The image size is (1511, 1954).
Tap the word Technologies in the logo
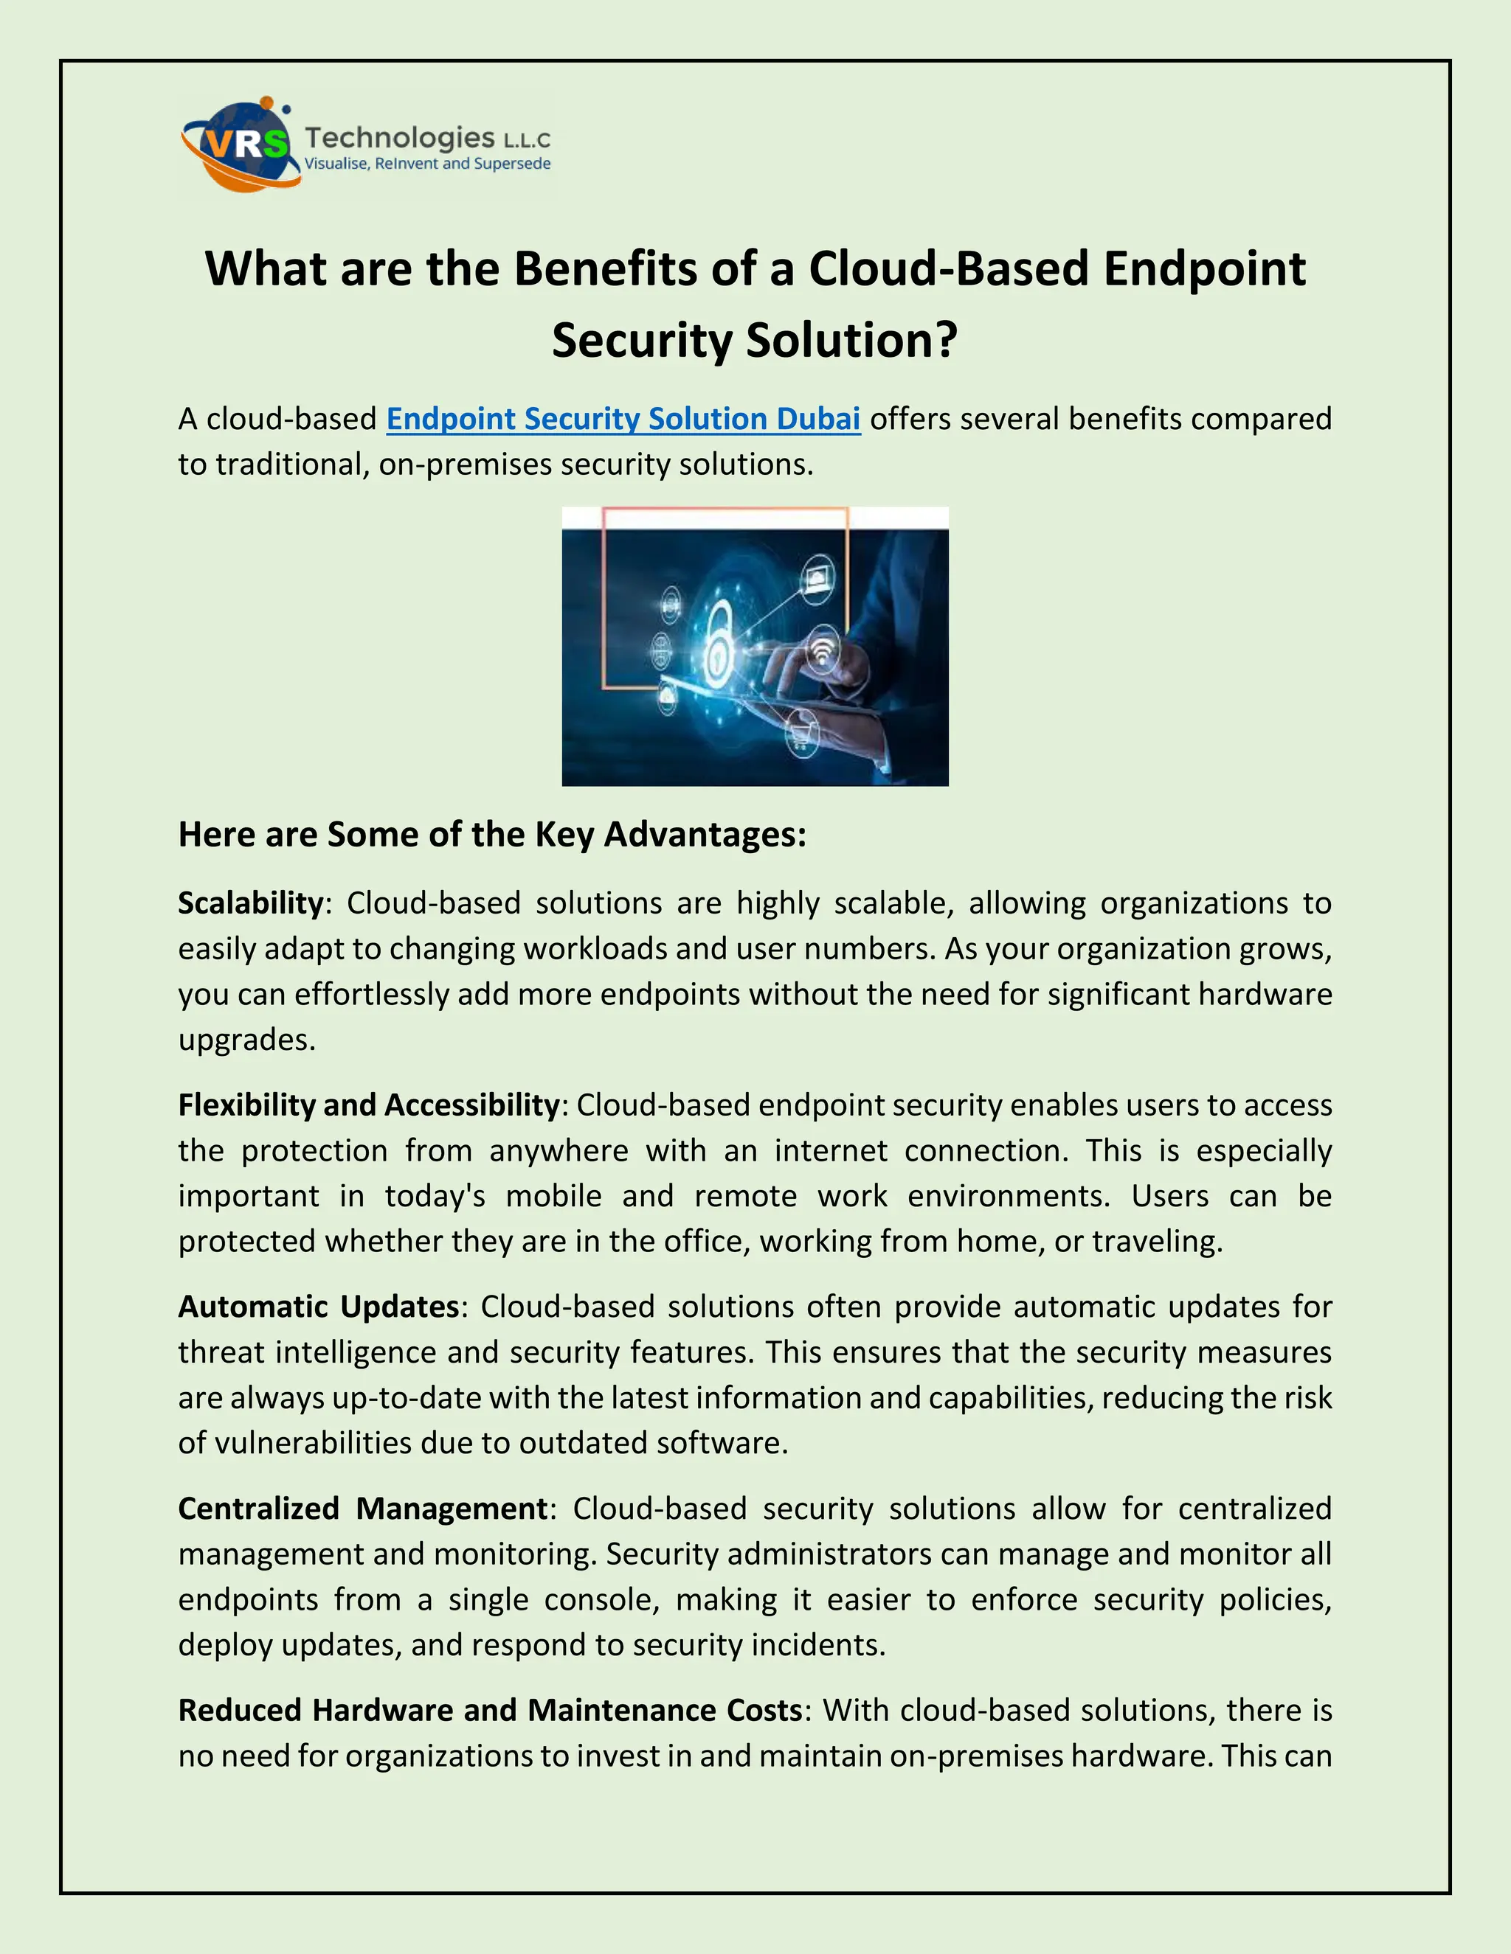pyautogui.click(x=399, y=138)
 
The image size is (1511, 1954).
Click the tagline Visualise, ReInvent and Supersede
pyautogui.click(x=427, y=164)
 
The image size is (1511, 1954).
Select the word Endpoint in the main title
pyautogui.click(x=1204, y=268)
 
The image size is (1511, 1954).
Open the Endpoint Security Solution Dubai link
pyautogui.click(x=623, y=419)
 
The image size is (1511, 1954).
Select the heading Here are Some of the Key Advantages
pyautogui.click(x=492, y=834)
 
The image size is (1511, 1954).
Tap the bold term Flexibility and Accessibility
pyautogui.click(x=369, y=1105)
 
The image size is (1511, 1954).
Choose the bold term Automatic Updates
pyautogui.click(x=319, y=1307)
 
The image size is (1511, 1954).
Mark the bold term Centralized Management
pyautogui.click(x=362, y=1509)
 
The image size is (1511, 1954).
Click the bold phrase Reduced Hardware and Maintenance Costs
pyautogui.click(x=490, y=1710)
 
